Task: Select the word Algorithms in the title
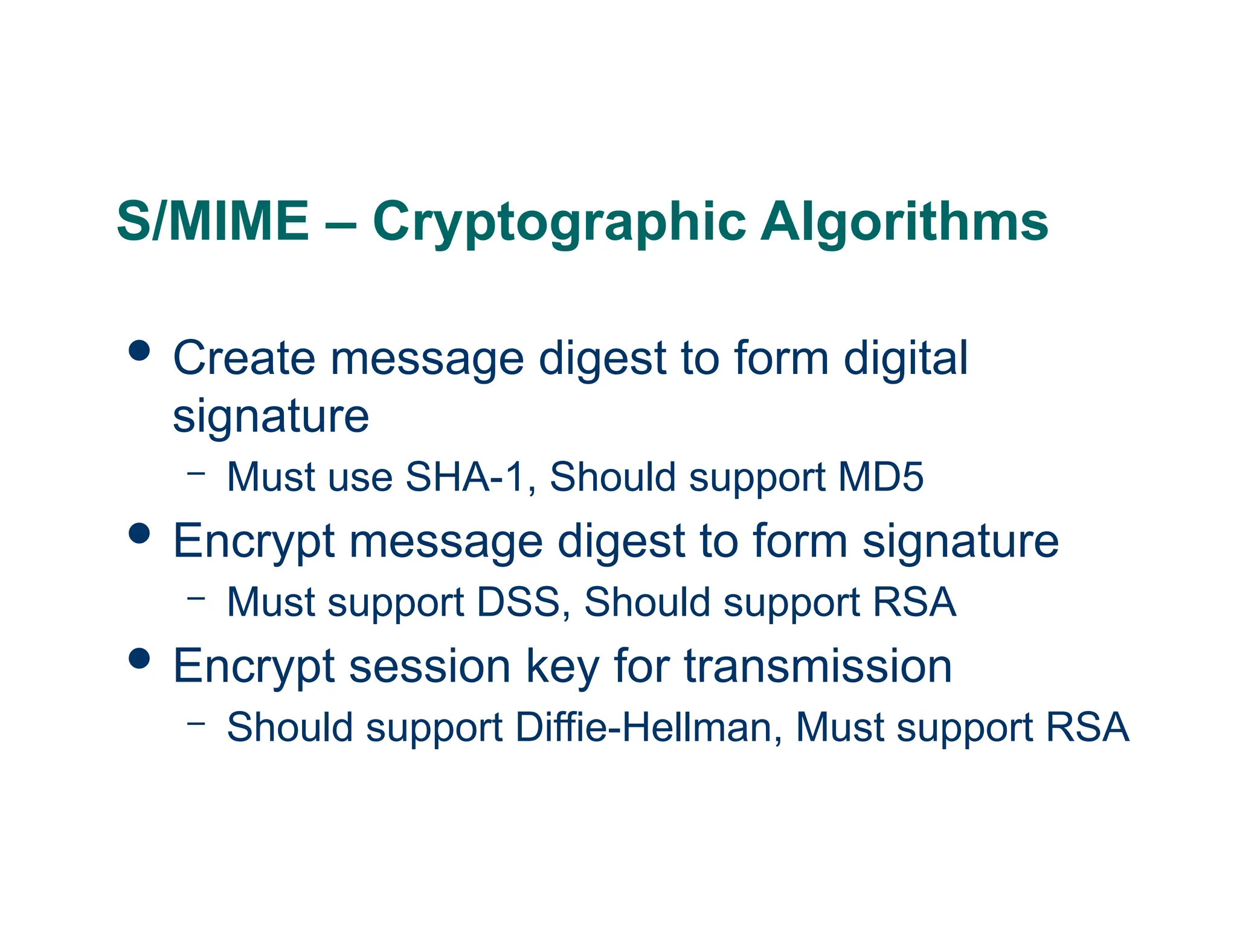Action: [904, 222]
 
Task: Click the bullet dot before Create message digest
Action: [140, 350]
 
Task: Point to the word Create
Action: [244, 358]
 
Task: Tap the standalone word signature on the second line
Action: [271, 417]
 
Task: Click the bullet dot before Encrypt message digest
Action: [140, 533]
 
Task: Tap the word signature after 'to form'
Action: [960, 542]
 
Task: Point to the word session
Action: [430, 667]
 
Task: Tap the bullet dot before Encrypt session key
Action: [140, 659]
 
